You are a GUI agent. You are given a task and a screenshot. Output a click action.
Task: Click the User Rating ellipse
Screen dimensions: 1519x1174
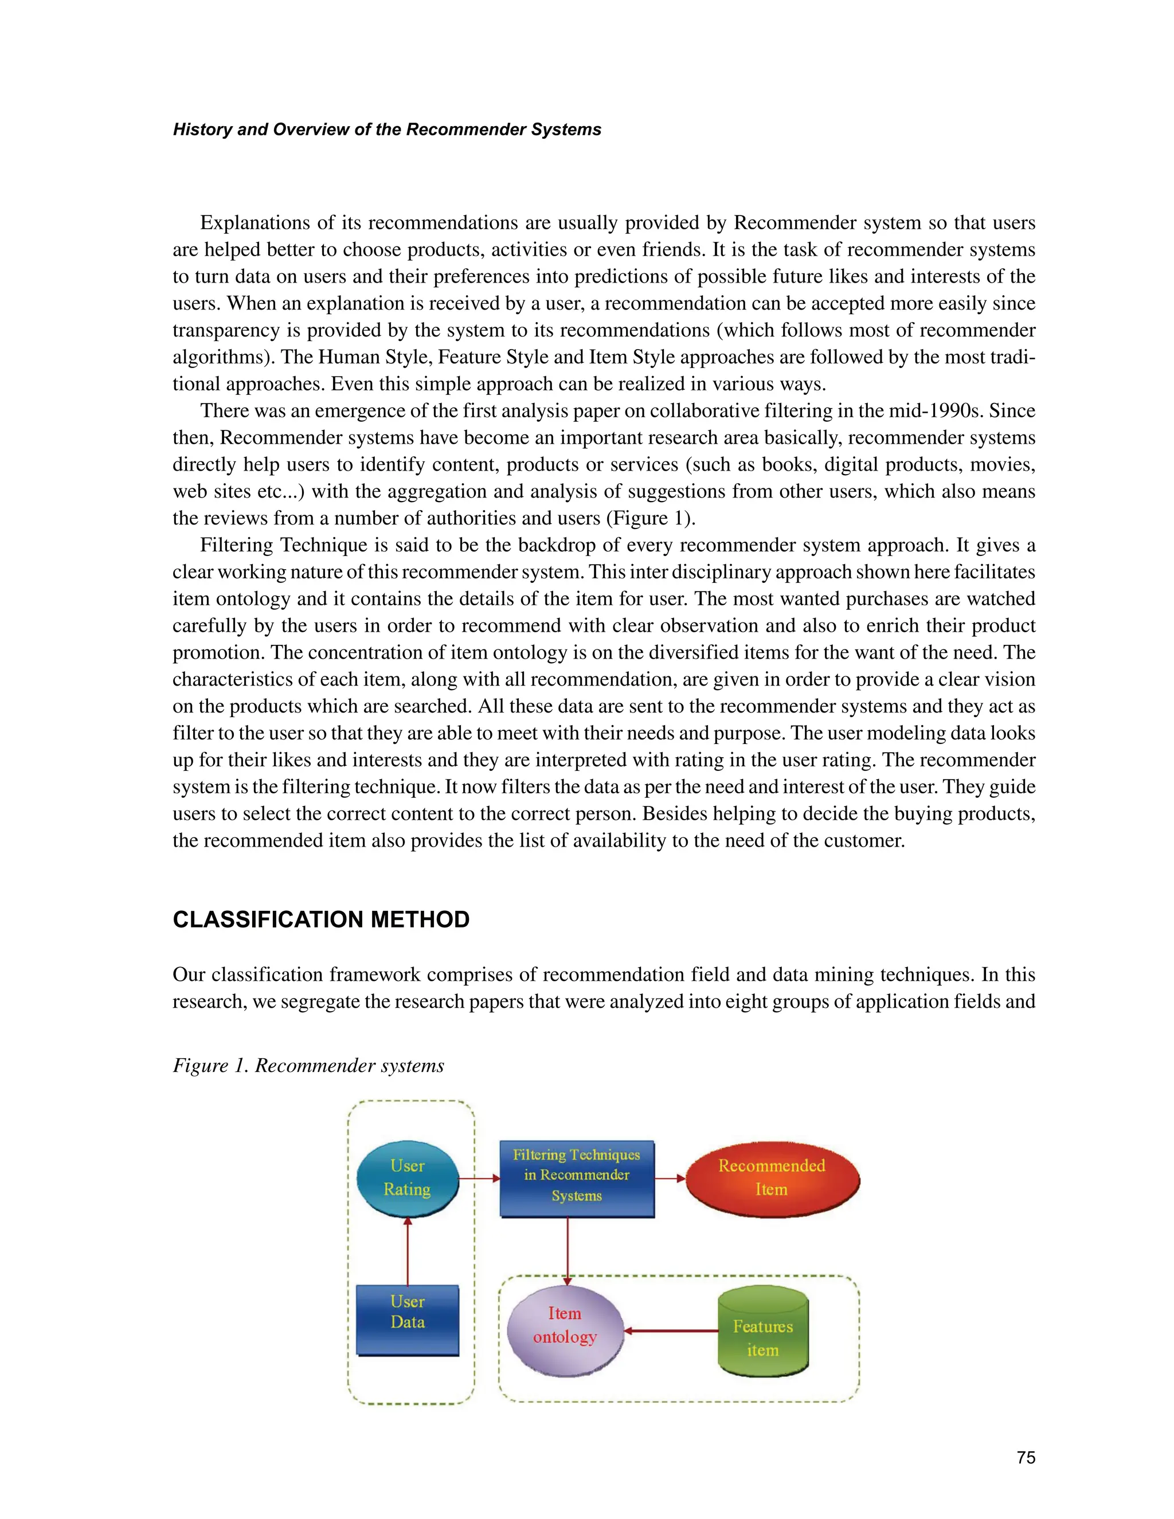coord(408,1178)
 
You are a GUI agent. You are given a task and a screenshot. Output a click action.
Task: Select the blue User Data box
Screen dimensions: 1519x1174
coord(408,1320)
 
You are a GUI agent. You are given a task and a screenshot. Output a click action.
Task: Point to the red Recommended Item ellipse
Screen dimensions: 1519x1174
coord(772,1178)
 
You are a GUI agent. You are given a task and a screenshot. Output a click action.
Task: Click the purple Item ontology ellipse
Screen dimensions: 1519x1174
coord(565,1330)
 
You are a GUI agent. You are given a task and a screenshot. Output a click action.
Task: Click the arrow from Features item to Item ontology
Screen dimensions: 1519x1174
coord(671,1330)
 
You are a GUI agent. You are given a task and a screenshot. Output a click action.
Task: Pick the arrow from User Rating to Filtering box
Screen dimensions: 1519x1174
coord(480,1178)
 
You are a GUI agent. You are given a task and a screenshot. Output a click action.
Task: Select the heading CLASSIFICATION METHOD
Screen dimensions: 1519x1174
coord(320,919)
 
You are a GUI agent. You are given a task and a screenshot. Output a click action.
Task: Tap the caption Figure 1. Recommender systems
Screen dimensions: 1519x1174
coord(308,1066)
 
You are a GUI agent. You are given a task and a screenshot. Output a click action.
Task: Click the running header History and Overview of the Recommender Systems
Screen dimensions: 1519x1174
coord(387,130)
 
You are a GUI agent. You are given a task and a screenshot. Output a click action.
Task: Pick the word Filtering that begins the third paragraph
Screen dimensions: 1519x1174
coord(237,545)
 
